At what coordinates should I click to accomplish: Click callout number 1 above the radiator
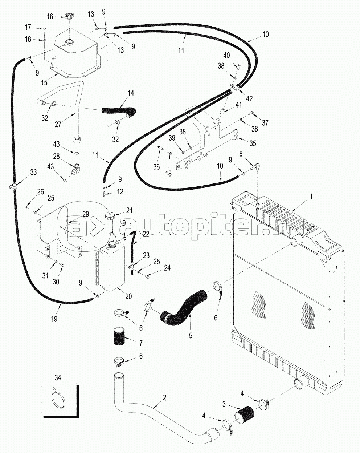point(311,196)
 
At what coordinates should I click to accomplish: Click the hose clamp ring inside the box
point(58,399)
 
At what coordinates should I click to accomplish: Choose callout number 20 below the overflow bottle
point(128,296)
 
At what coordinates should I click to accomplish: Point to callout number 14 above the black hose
point(131,93)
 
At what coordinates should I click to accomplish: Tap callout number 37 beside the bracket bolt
point(265,123)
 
